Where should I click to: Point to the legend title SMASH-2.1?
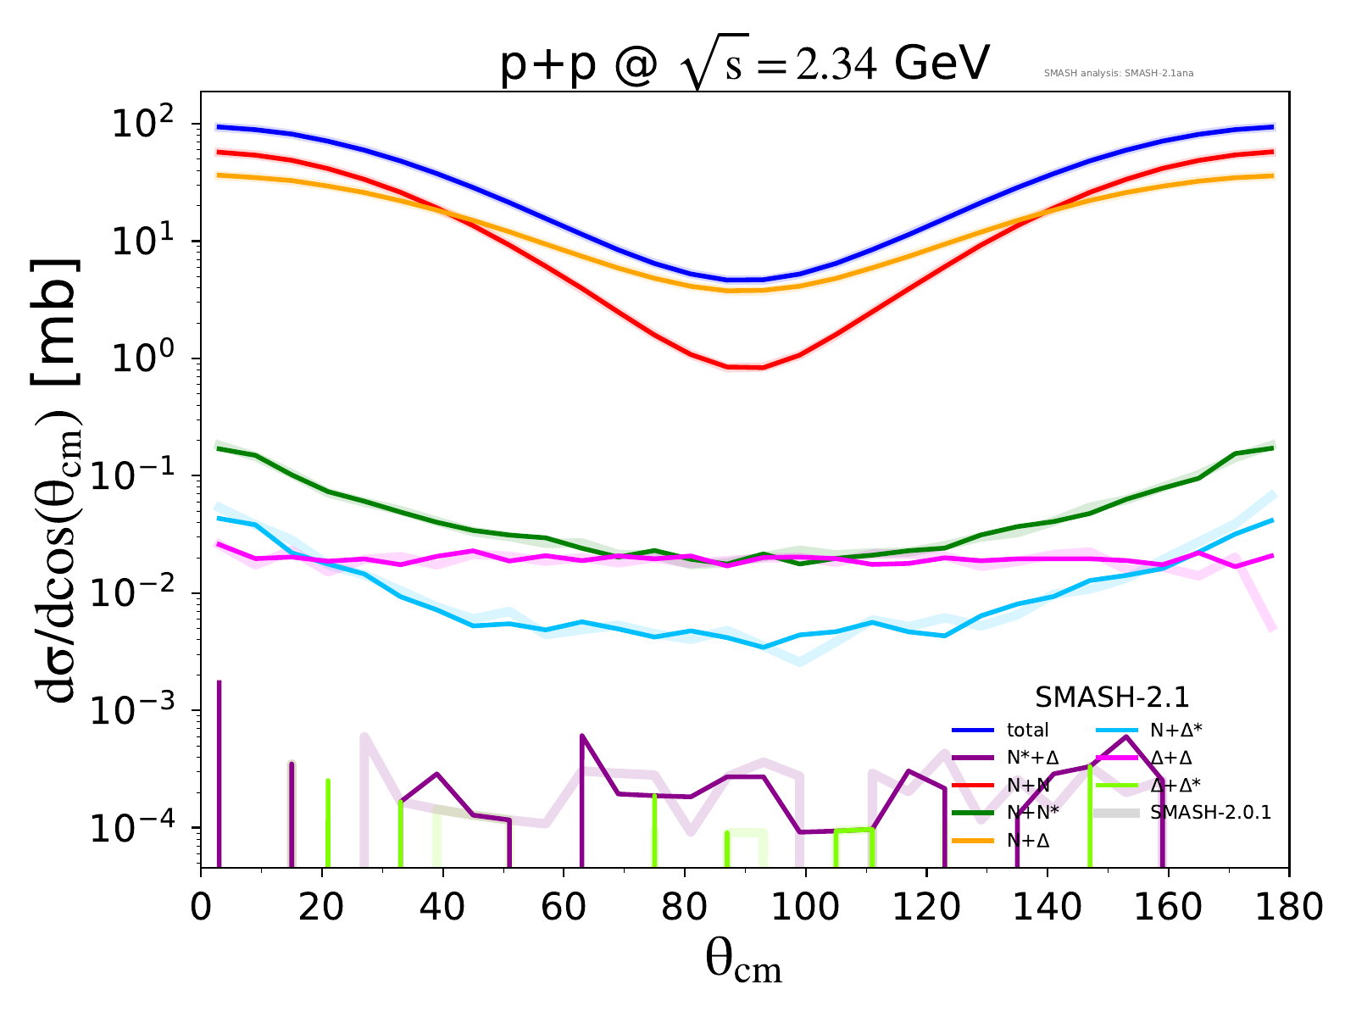[x=1112, y=697]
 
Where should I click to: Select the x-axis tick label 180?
[x=1289, y=907]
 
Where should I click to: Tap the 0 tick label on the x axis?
[x=201, y=907]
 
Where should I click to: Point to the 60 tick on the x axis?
[x=564, y=907]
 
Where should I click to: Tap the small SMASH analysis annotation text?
[x=1119, y=73]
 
